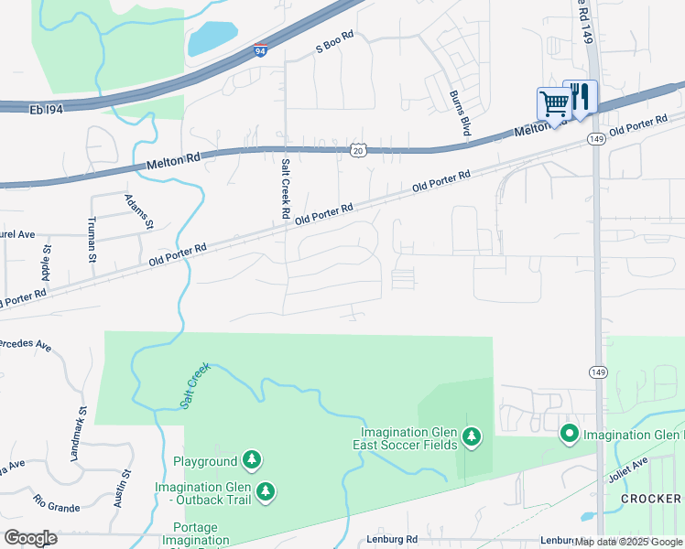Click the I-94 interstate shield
[261, 50]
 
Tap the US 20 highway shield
[357, 149]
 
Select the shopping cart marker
[553, 104]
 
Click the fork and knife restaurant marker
[580, 97]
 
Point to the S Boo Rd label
[334, 46]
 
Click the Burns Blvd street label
[460, 113]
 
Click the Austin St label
[122, 487]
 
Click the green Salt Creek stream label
[194, 385]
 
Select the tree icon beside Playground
[253, 460]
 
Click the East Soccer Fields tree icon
[472, 438]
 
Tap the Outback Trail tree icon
[266, 492]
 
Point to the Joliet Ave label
[627, 469]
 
